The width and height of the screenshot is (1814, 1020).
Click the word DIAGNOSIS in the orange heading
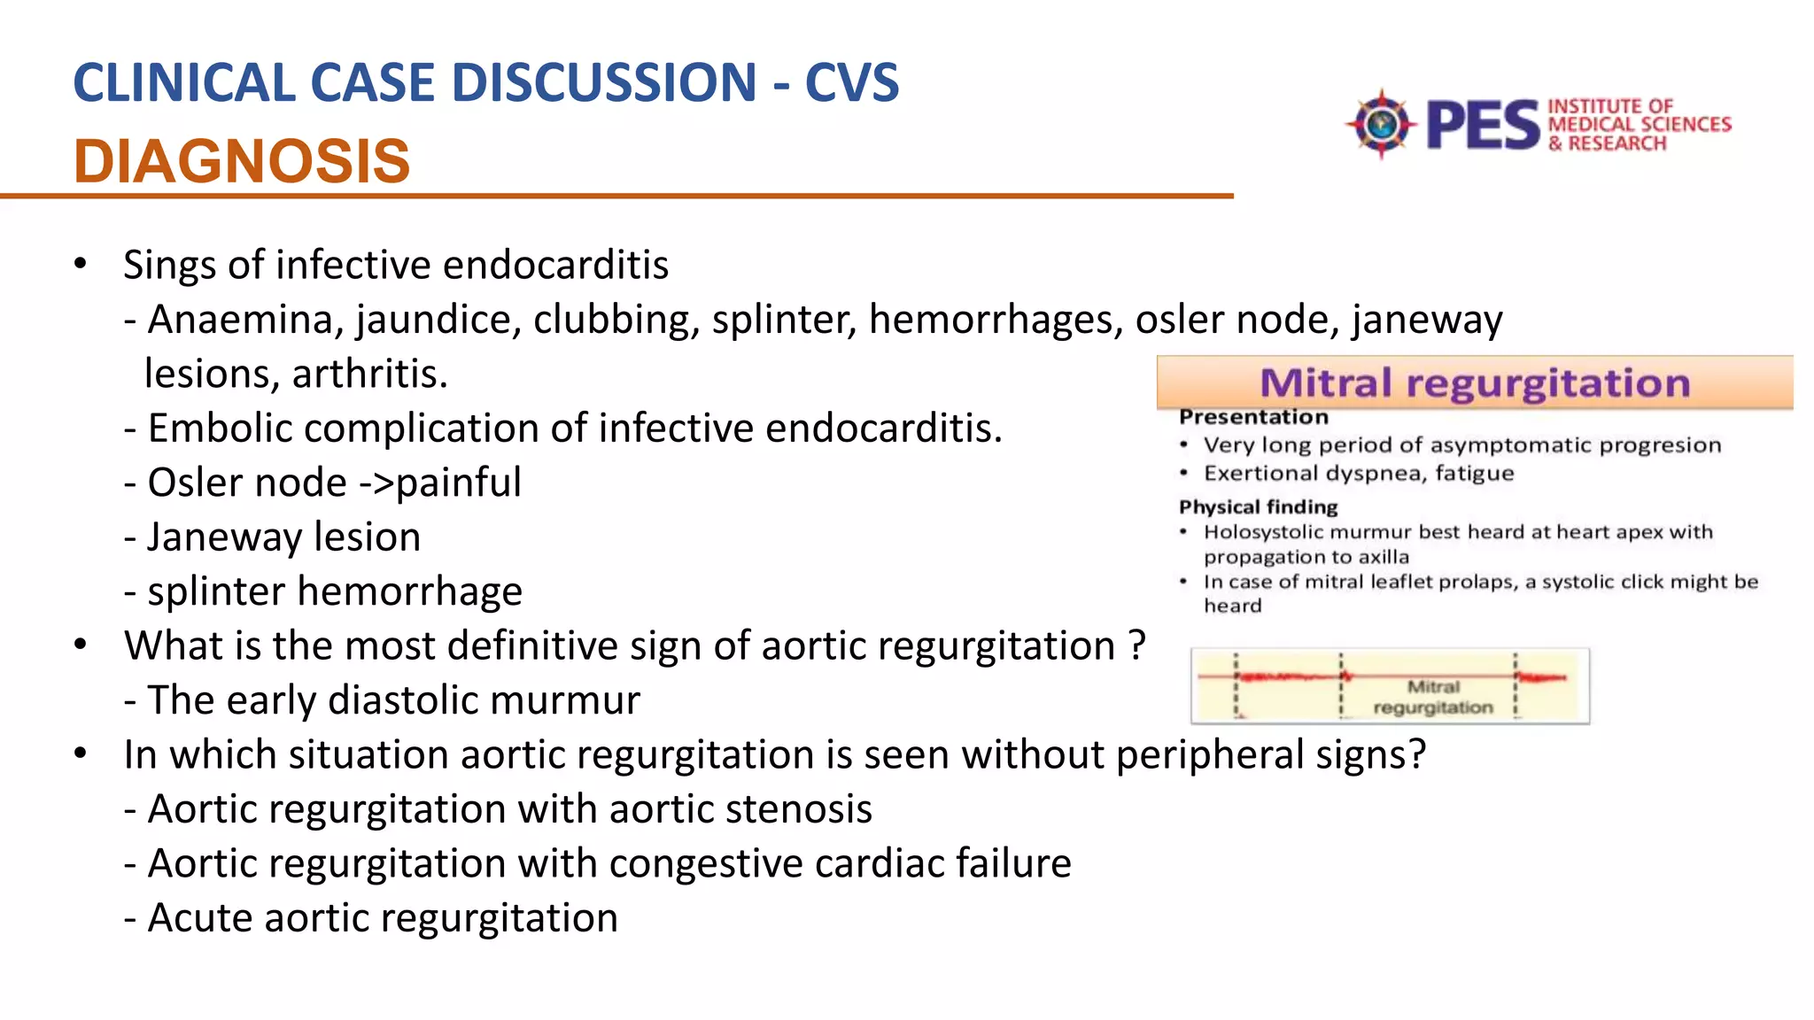(242, 162)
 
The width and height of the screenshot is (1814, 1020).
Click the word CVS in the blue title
(851, 83)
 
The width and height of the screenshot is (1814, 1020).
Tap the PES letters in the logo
(1484, 125)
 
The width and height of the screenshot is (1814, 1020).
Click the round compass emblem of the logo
(1380, 124)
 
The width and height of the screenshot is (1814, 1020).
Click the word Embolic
(221, 429)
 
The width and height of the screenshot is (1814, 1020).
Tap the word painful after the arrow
(459, 483)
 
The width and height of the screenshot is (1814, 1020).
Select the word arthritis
(370, 375)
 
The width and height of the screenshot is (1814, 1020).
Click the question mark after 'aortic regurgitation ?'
(1137, 646)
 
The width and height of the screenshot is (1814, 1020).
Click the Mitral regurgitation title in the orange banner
(1475, 383)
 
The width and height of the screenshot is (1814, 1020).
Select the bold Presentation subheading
(1253, 417)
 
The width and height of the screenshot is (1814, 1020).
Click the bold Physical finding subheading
(1258, 507)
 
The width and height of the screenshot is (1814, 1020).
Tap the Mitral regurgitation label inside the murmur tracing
(1433, 697)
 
